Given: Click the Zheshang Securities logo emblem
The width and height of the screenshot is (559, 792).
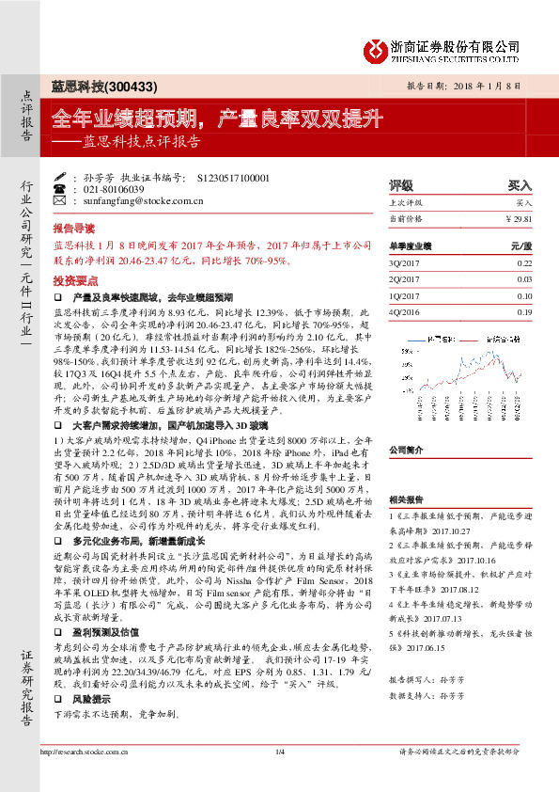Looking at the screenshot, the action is pos(377,50).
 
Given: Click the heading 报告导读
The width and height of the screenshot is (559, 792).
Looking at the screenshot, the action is pos(73,228).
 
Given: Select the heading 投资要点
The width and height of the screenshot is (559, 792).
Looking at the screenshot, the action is pos(73,280).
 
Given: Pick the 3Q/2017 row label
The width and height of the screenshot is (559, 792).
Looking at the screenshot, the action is pos(404,262).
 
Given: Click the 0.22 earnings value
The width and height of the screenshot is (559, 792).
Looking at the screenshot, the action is pos(524,262).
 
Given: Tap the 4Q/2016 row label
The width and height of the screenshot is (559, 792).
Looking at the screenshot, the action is pos(404,311).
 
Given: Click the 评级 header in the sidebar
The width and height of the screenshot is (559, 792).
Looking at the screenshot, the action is pos(400,186).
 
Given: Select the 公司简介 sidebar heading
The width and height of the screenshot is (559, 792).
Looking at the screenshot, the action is pos(406,450).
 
